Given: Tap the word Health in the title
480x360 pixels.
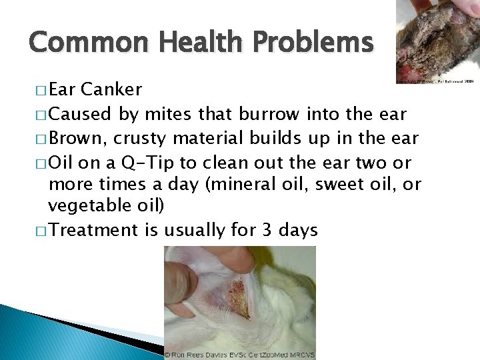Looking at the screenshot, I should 191,43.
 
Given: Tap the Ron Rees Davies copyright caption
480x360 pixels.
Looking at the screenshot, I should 240,355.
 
